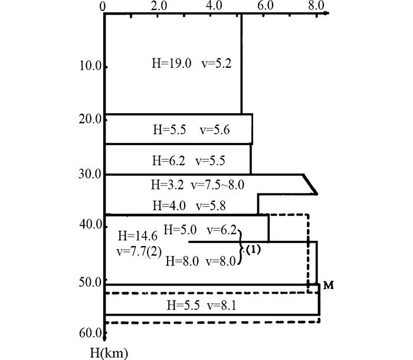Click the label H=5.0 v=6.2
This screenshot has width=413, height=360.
coord(199,229)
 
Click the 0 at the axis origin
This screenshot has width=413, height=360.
coord(104,6)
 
